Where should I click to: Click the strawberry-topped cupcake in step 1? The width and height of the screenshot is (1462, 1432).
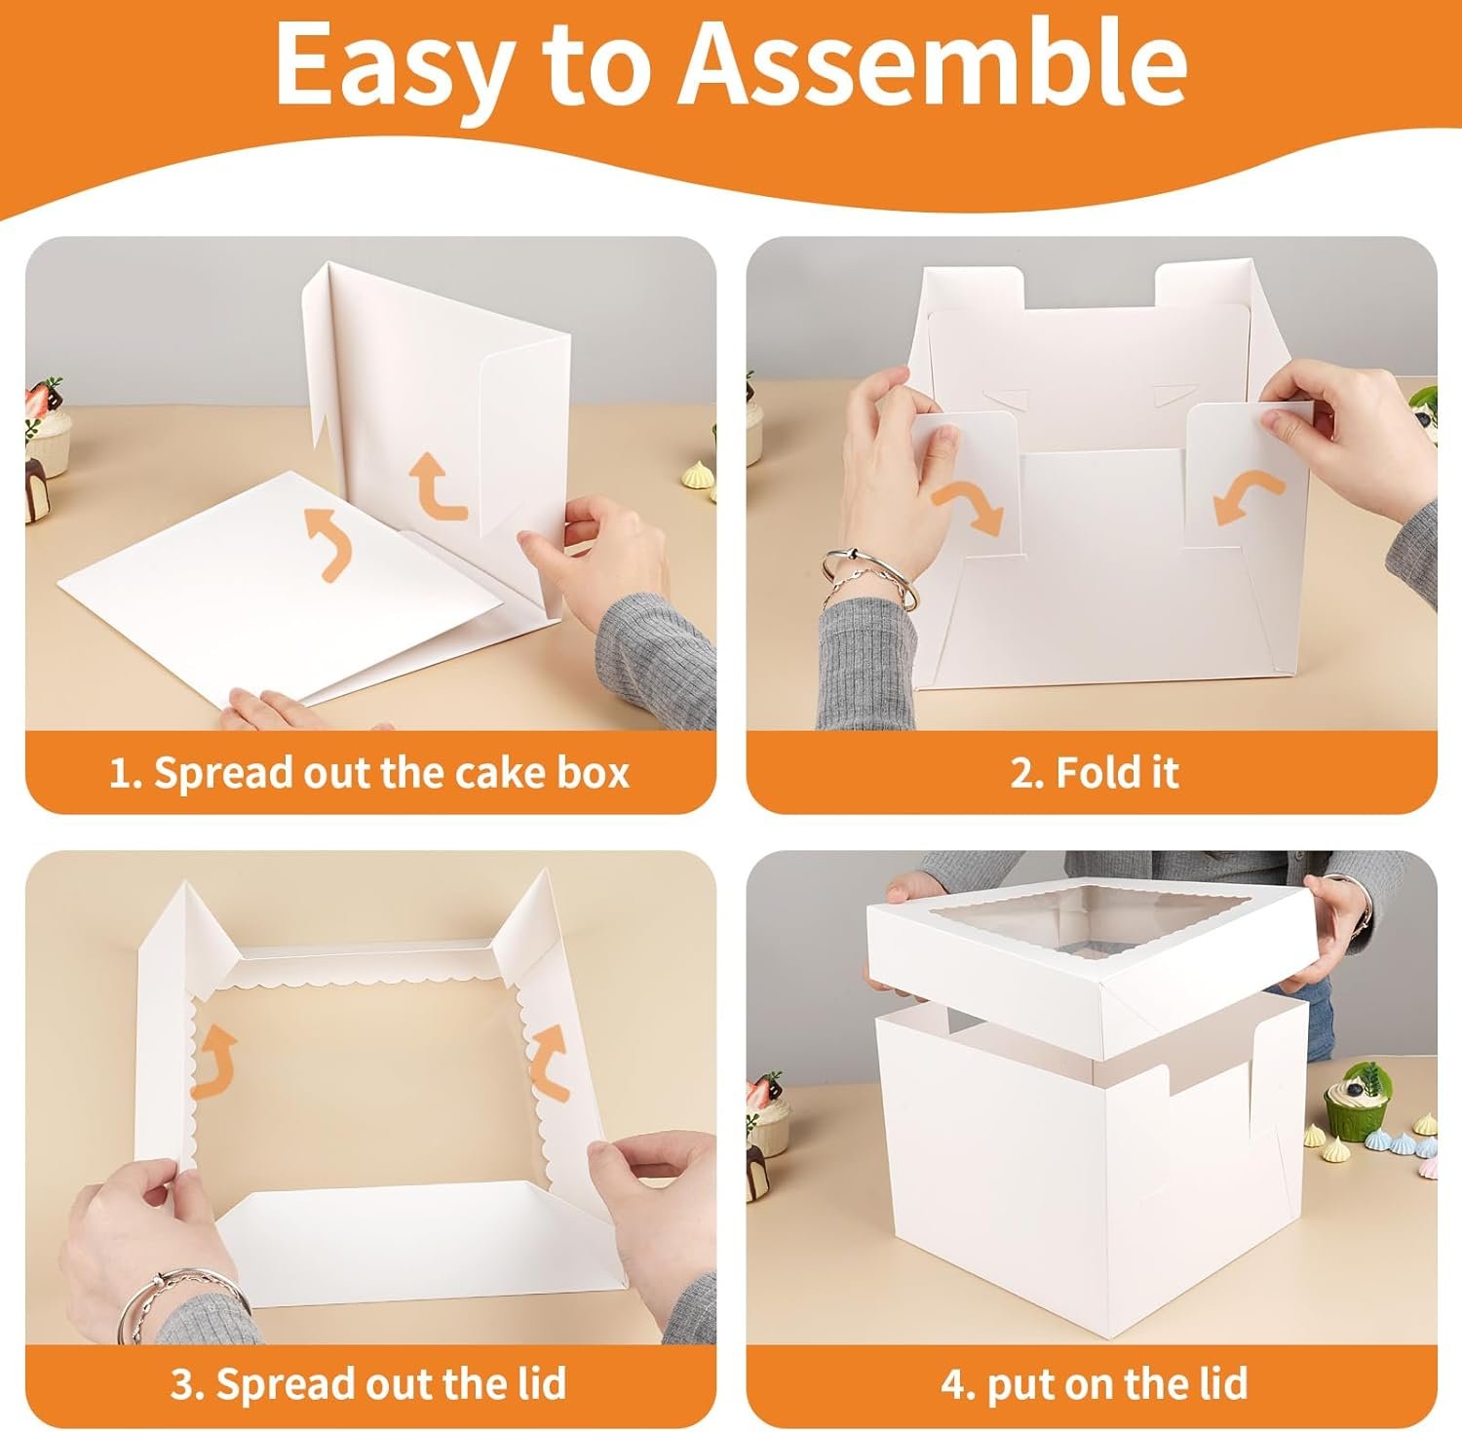pyautogui.click(x=47, y=423)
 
